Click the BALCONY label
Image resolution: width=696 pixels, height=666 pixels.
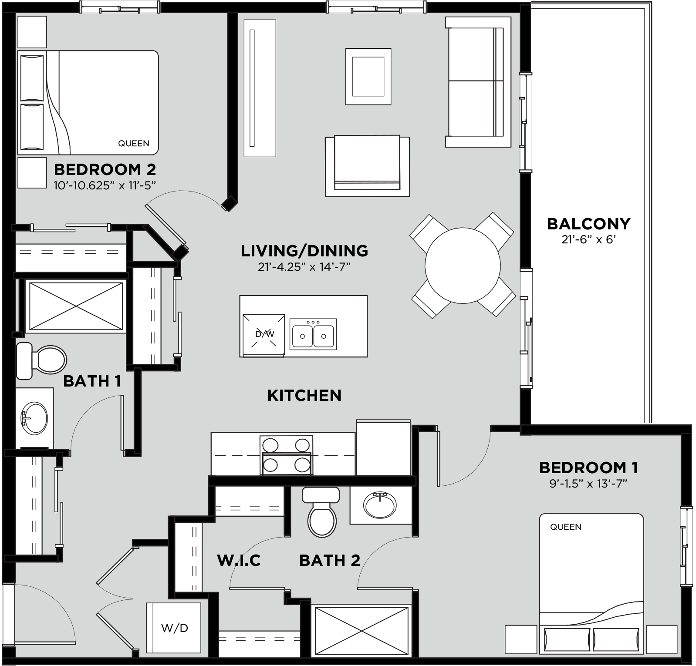588,224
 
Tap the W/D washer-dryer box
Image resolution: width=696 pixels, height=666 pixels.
174,628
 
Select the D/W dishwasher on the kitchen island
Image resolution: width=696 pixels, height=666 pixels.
264,334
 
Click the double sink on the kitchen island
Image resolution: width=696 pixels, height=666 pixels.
314,334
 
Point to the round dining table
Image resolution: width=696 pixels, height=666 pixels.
463,265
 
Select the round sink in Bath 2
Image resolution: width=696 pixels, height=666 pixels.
381,505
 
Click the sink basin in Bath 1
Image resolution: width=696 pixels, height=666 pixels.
34,418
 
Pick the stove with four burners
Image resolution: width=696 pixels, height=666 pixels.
286,455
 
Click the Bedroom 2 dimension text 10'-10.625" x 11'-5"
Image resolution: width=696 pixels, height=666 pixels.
105,186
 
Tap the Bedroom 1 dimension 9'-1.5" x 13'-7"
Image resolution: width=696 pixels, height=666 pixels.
588,484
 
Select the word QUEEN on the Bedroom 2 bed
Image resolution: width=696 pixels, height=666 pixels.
134,143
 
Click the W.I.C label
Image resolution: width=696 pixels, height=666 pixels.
239,560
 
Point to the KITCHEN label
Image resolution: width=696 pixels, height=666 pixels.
304,395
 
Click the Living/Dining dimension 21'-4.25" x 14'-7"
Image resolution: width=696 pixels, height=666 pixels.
304,267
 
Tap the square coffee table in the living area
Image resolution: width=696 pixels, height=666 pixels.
368,77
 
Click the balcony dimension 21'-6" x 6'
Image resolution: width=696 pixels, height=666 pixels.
588,239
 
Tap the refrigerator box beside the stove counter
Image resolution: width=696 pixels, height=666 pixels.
383,448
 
